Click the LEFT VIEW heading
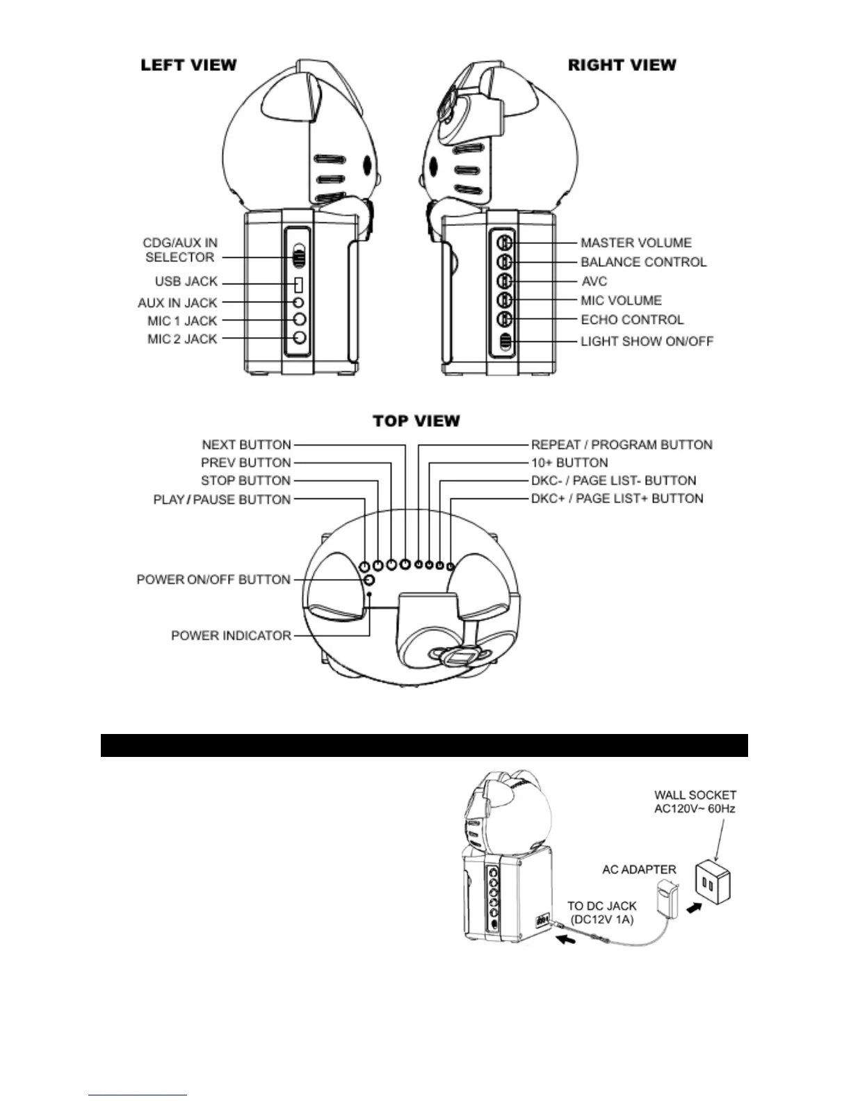click(x=188, y=65)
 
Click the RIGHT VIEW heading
click(x=622, y=65)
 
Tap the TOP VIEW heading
click(x=416, y=421)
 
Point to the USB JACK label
click(x=186, y=282)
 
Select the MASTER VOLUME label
click(x=636, y=243)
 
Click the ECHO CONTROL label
click(x=632, y=320)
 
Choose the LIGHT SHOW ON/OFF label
click(x=647, y=341)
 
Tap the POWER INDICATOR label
click(x=231, y=635)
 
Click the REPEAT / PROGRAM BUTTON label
click(x=622, y=445)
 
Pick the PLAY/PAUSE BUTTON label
click(x=222, y=499)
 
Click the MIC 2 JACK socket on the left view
click(x=299, y=338)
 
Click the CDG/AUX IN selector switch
click(x=299, y=257)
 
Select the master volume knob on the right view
click(x=505, y=243)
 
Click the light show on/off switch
click(x=505, y=341)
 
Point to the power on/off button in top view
click(x=369, y=580)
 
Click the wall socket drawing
click(x=711, y=883)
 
